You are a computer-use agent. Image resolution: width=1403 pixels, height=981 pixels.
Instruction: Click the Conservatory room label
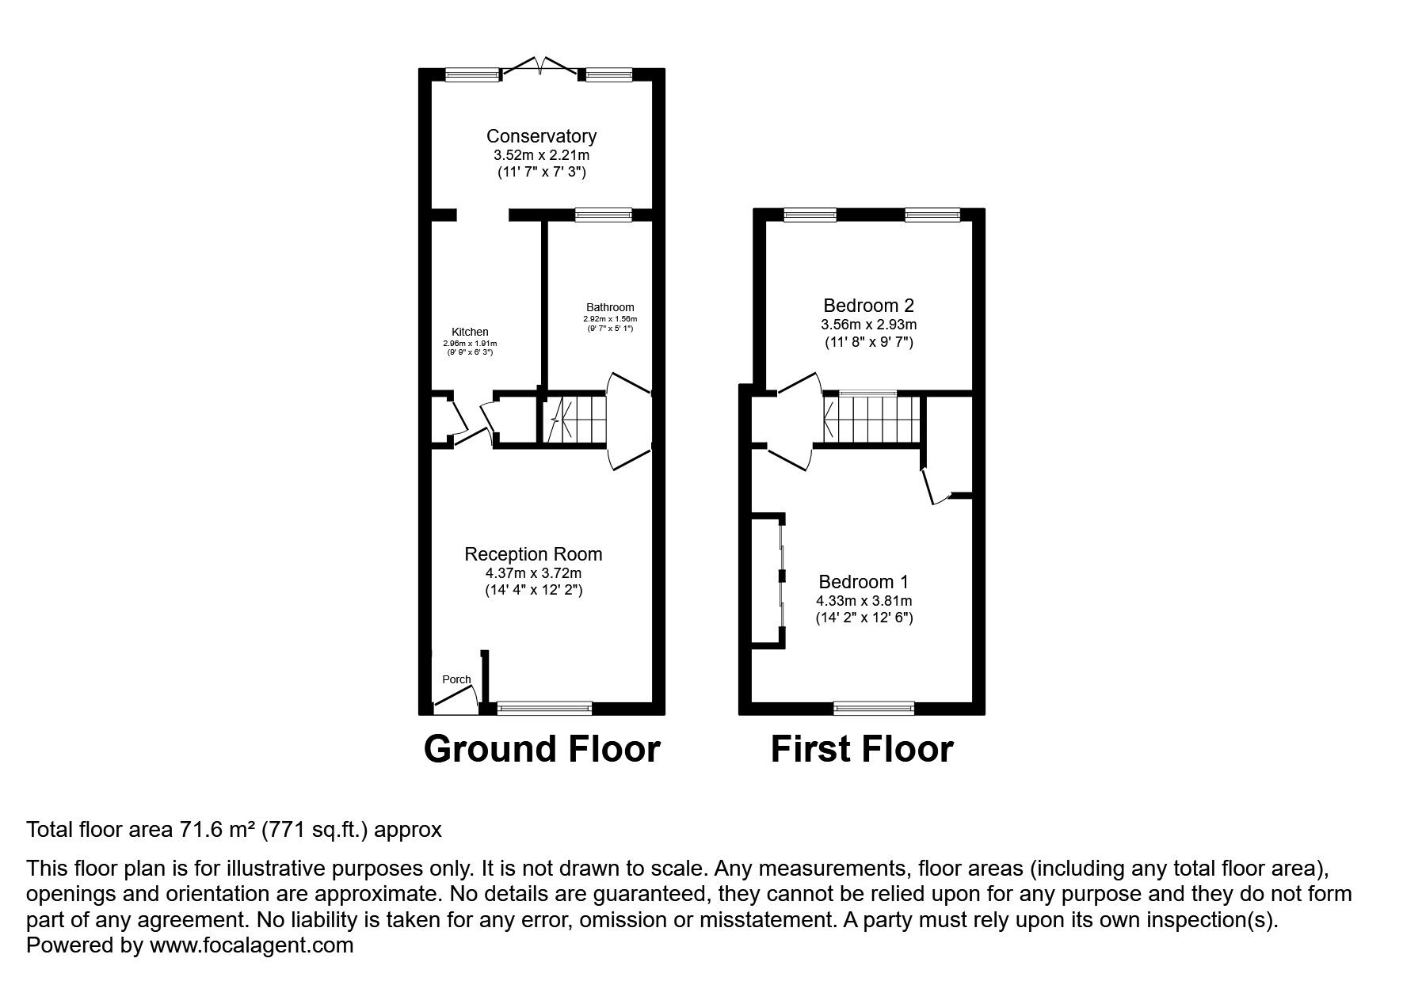pyautogui.click(x=541, y=136)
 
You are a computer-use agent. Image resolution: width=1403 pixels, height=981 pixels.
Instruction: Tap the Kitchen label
pyautogui.click(x=470, y=332)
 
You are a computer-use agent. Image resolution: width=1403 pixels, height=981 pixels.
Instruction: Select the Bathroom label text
pyautogui.click(x=610, y=307)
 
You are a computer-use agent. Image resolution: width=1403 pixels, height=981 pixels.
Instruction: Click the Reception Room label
pyautogui.click(x=533, y=554)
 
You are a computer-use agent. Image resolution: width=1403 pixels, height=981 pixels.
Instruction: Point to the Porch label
pyautogui.click(x=456, y=679)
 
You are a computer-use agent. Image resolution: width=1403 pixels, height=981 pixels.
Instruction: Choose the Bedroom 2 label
pyautogui.click(x=868, y=306)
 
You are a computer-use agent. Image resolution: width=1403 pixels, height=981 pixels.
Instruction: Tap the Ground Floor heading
pyautogui.click(x=542, y=749)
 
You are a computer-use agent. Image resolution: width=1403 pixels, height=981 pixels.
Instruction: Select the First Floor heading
pyautogui.click(x=862, y=749)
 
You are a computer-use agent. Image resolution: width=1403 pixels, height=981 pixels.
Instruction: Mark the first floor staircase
pyautogui.click(x=872, y=420)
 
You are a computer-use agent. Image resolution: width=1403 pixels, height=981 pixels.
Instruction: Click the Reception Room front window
pyautogui.click(x=544, y=707)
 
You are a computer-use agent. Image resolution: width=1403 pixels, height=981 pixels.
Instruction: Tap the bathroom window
pyautogui.click(x=604, y=214)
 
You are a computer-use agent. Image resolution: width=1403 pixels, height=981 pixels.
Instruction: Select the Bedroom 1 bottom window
pyautogui.click(x=875, y=707)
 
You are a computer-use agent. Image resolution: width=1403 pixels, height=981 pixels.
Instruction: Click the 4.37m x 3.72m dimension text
pyautogui.click(x=533, y=572)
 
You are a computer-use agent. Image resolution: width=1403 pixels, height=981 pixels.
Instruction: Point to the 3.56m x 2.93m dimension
pyautogui.click(x=868, y=325)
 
